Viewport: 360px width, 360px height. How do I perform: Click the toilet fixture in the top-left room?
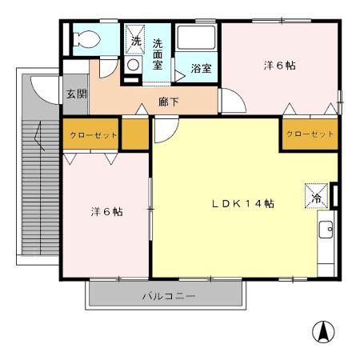(84, 38)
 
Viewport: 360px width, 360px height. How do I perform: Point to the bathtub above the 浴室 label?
(196, 39)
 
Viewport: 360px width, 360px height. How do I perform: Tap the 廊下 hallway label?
(168, 102)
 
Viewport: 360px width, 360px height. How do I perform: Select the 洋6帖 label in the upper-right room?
(279, 66)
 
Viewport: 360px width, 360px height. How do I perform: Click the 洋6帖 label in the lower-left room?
(106, 212)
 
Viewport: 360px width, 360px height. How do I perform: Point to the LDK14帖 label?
(242, 204)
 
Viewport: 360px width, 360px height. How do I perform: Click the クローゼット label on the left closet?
(94, 135)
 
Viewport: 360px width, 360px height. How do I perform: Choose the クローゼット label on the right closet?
(309, 134)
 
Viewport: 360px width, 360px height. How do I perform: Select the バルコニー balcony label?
(168, 296)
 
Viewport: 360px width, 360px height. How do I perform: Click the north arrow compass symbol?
(323, 330)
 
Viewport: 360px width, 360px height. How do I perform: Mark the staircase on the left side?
(36, 192)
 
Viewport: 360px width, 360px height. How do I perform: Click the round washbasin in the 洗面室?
(134, 66)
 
